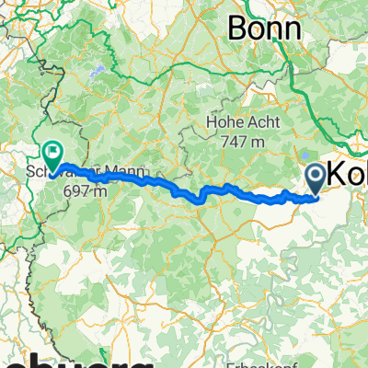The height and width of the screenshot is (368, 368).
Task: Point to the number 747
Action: tap(235, 142)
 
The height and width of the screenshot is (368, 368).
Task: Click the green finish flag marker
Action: tap(52, 150)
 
